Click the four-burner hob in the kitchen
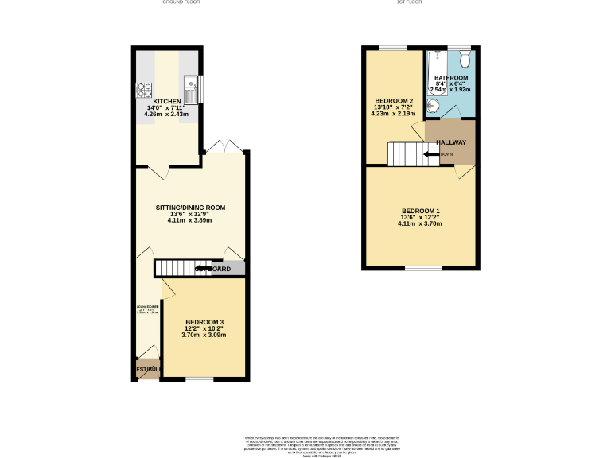click(144, 90)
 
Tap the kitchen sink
click(189, 84)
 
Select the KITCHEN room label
click(167, 102)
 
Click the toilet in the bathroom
click(465, 60)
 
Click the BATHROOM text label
click(451, 78)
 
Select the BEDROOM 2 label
click(394, 101)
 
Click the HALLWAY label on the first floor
click(451, 142)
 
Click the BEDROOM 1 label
click(420, 211)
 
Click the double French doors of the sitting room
click(226, 148)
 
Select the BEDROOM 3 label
click(204, 321)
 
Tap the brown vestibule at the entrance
click(146, 369)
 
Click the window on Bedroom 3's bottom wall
click(200, 379)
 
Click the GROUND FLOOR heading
click(181, 3)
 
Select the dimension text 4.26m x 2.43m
click(167, 114)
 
